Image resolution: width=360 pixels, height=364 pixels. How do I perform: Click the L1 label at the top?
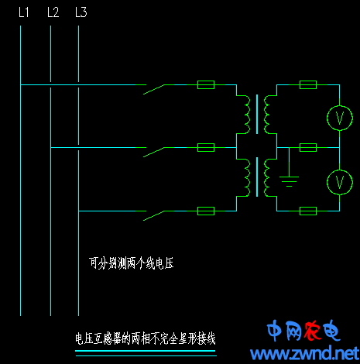click(24, 12)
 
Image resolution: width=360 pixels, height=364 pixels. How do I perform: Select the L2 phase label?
click(53, 12)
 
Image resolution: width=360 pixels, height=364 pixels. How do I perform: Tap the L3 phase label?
click(81, 12)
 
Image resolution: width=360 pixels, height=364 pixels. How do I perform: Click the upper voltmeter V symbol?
click(340, 118)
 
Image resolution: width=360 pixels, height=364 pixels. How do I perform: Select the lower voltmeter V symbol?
click(340, 182)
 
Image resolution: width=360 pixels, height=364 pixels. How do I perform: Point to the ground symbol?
click(289, 181)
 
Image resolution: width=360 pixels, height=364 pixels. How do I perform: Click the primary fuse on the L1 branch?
click(206, 84)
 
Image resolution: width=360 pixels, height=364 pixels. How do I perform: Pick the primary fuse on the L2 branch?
click(206, 147)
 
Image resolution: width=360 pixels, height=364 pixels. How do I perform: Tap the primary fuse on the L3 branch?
click(206, 211)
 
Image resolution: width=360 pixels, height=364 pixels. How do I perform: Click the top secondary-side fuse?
click(308, 84)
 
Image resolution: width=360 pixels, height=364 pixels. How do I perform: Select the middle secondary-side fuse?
click(308, 147)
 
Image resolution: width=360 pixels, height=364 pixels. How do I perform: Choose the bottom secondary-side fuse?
click(308, 211)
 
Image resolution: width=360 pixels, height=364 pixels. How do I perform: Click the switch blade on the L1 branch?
click(153, 89)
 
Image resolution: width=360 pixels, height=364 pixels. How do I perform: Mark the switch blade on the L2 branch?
click(153, 153)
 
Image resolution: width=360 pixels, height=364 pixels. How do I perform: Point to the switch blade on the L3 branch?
click(153, 216)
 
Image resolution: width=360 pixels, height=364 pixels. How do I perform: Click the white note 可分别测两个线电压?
click(132, 263)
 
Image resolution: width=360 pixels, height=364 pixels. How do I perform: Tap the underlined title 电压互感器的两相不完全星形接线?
click(146, 338)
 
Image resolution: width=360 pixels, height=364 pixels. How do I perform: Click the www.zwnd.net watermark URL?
click(305, 353)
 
